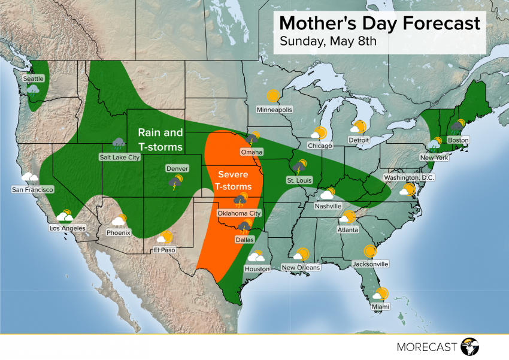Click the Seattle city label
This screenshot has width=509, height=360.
point(34,78)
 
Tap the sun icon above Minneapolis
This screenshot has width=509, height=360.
point(274,96)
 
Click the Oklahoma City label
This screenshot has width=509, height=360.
point(239,213)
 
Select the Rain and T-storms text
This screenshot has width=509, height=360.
point(160,139)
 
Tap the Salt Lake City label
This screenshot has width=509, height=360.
point(120,158)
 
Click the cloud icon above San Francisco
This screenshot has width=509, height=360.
point(31,177)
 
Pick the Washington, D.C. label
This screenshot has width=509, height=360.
point(409,177)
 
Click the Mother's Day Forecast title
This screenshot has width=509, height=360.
point(380,23)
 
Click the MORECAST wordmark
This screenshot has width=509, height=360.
point(427,347)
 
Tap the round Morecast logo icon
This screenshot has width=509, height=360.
point(471,346)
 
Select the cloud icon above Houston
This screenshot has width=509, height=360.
point(256,257)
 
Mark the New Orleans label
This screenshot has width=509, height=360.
point(301,267)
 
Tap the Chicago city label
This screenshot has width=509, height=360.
point(320,146)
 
